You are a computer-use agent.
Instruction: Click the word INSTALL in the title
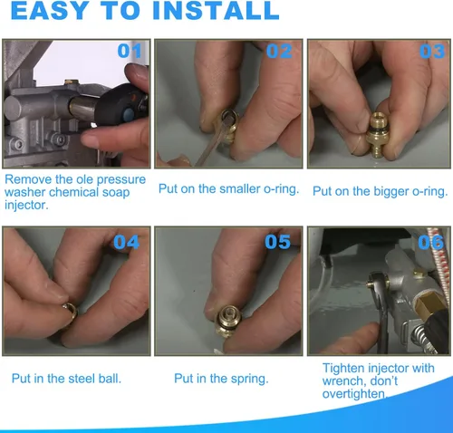pyautogui.click(x=216, y=11)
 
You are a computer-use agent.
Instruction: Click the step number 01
pyautogui.click(x=130, y=51)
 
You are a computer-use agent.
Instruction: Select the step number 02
pyautogui.click(x=279, y=51)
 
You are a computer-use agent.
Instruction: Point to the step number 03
pyautogui.click(x=432, y=51)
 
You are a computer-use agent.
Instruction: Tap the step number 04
pyautogui.click(x=127, y=242)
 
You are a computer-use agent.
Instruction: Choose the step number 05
pyautogui.click(x=278, y=242)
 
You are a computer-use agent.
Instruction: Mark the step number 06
pyautogui.click(x=430, y=242)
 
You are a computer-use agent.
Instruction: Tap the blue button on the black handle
pyautogui.click(x=129, y=114)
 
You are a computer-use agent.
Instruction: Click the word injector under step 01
pyautogui.click(x=26, y=206)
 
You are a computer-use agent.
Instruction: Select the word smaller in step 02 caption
pyautogui.click(x=239, y=188)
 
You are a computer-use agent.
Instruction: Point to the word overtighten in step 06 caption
pyautogui.click(x=354, y=394)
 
